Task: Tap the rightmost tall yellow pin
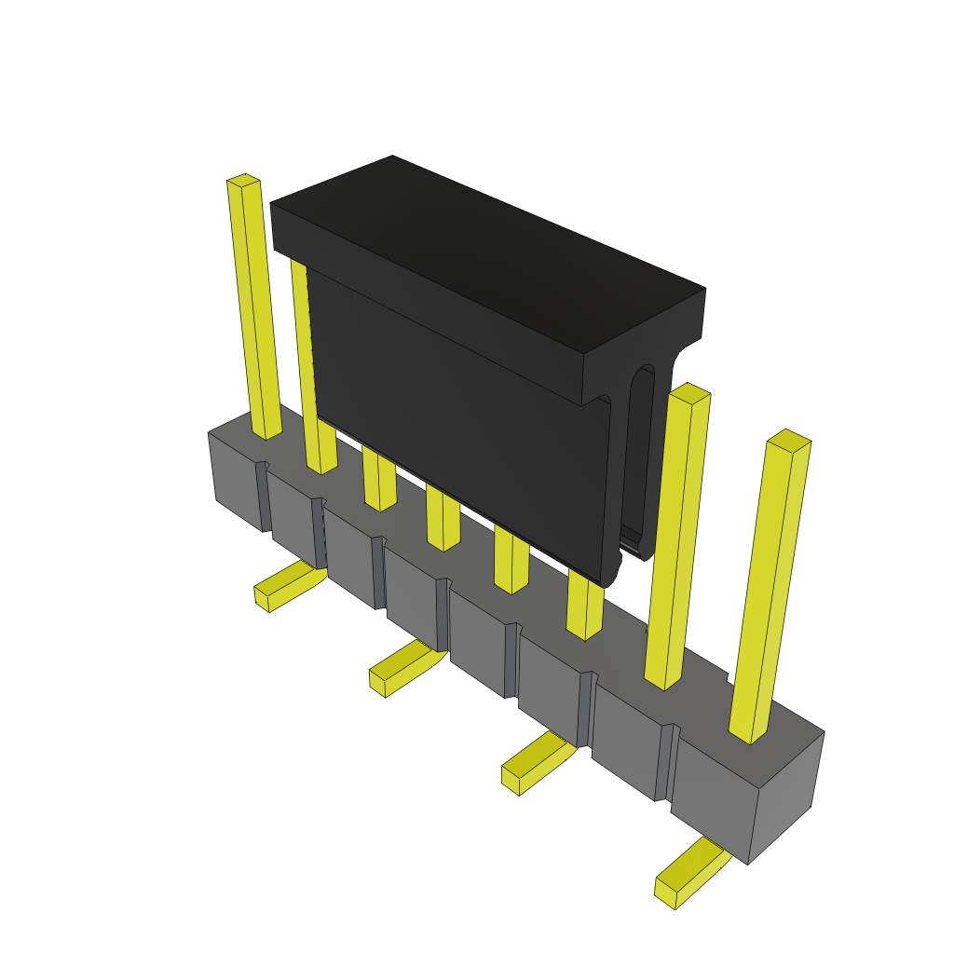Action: (770, 587)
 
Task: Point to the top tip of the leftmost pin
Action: (243, 180)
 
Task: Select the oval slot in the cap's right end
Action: (641, 457)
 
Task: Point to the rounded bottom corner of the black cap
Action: (610, 576)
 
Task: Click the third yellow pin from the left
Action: (379, 480)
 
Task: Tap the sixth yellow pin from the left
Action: (584, 606)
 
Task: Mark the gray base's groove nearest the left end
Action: (265, 498)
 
